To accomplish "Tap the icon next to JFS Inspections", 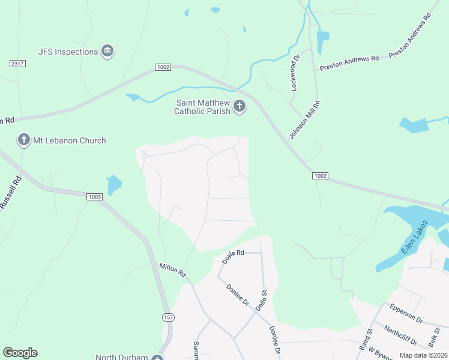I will pos(108,51).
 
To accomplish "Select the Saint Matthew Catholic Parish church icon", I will pos(239,107).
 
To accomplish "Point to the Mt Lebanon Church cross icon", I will pos(24,140).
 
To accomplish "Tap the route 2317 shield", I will pos(17,64).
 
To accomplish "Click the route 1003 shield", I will pos(94,197).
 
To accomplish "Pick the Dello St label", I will pos(261,299).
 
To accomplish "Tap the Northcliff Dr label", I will pos(401,336).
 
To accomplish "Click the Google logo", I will pos(20,353).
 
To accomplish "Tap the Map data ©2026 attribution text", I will pos(423,355).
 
